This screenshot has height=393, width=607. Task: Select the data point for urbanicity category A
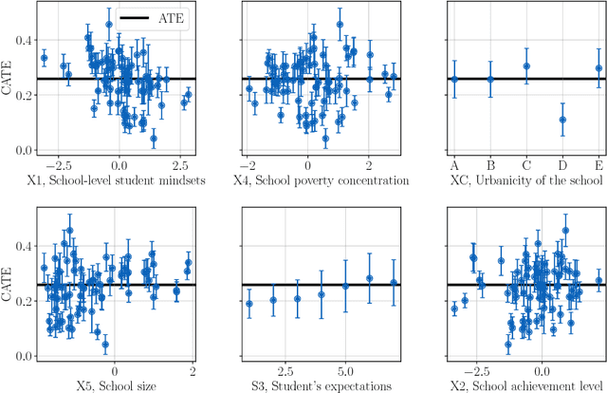coord(454,80)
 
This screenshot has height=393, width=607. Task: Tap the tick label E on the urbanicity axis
coord(598,163)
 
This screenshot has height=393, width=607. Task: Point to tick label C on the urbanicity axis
coord(526,163)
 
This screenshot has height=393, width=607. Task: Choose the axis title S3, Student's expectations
coord(319,384)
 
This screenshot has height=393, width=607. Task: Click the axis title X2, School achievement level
coord(524,384)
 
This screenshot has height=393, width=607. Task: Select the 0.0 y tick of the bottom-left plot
coord(24,356)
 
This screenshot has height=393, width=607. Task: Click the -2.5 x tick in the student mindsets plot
coord(59,163)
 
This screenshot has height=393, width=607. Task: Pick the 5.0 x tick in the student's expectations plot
coord(346,369)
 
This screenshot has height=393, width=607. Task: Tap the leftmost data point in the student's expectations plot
coord(249,304)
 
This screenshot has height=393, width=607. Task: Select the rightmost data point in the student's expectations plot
coord(394,283)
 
